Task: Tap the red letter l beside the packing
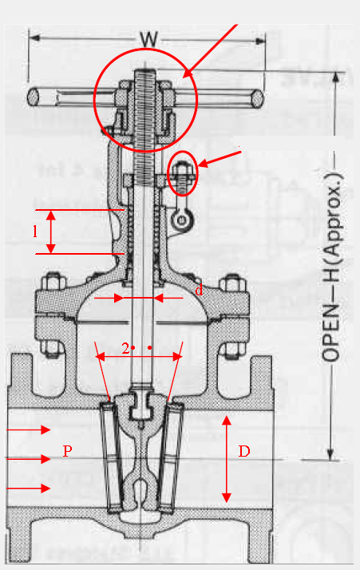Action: (x=34, y=231)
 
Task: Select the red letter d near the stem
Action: (x=199, y=290)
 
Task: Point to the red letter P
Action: (x=68, y=451)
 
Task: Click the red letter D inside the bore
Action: (x=245, y=452)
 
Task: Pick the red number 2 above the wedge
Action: (x=126, y=348)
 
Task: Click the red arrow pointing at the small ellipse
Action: (x=219, y=158)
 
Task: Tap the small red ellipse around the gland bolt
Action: (x=183, y=173)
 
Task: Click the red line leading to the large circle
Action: (x=212, y=49)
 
